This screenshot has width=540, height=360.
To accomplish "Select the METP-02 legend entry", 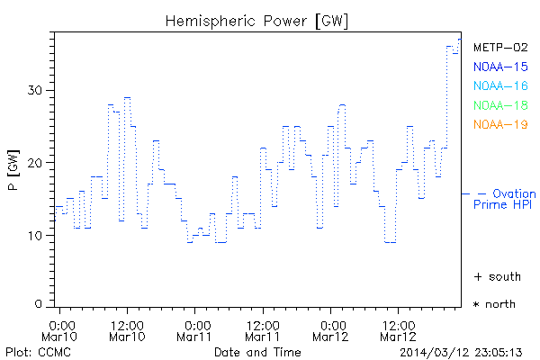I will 500,48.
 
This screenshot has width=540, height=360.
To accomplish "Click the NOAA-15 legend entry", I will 500,67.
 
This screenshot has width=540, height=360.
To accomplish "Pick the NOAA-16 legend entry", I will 500,86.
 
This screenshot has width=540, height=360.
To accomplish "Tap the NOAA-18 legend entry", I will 500,105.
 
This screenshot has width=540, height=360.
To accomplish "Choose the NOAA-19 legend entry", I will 500,124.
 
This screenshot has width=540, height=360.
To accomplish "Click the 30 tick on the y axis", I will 36,90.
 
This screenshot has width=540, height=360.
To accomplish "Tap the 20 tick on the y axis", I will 36,162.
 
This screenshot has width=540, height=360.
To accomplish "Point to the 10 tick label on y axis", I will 36,235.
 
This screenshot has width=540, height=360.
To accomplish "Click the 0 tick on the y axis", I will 40,304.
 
